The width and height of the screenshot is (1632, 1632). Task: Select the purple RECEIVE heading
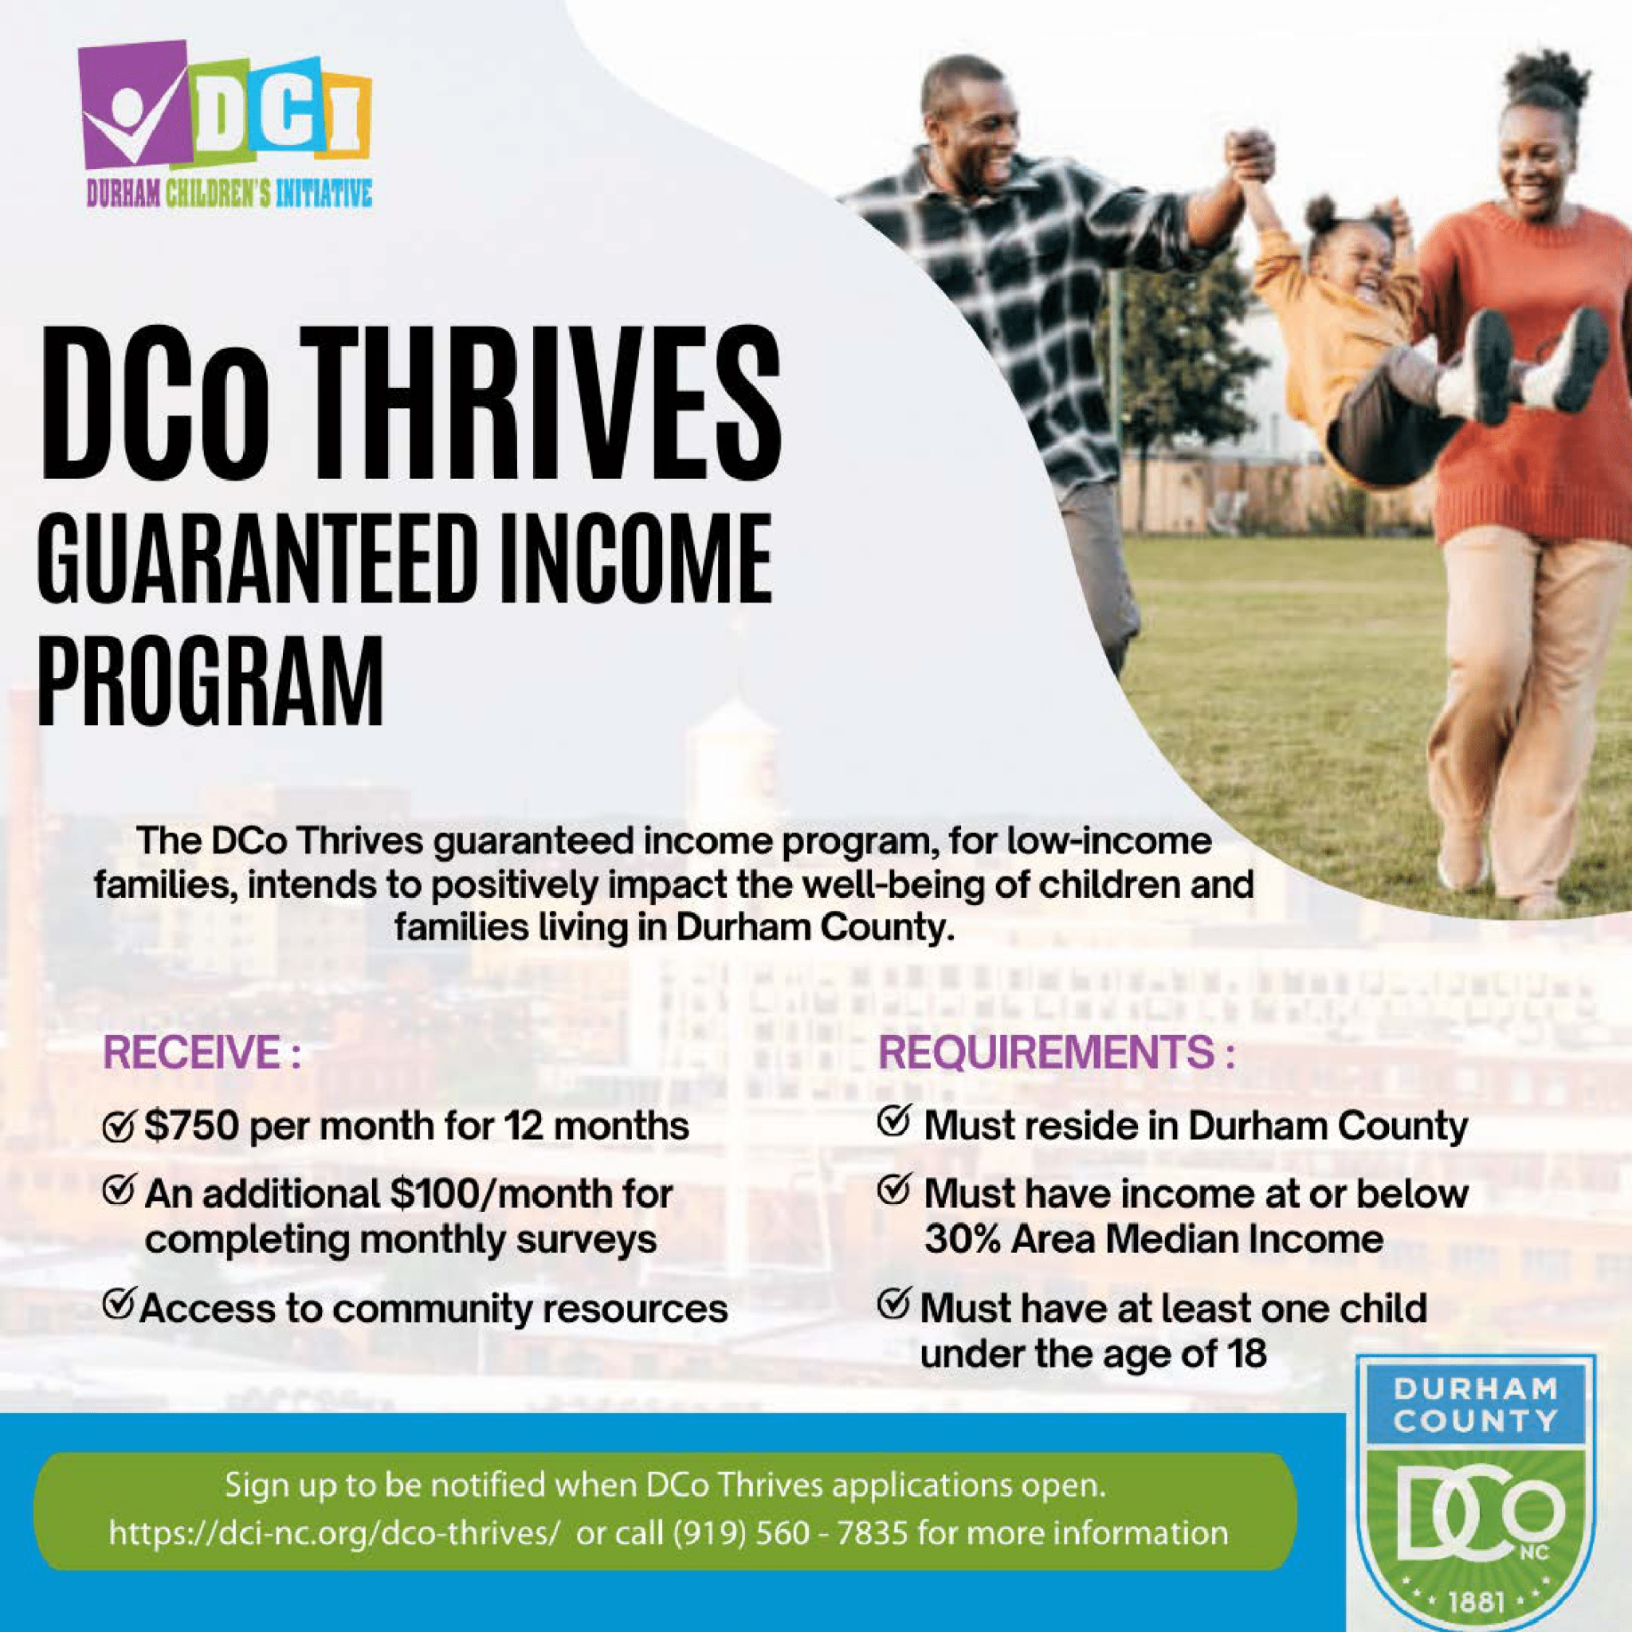pyautogui.click(x=202, y=1055)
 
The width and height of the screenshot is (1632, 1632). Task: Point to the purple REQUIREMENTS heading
pyautogui.click(x=1057, y=1054)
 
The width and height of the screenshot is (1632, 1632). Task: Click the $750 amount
pyautogui.click(x=192, y=1126)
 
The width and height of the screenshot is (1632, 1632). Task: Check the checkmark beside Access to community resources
pyautogui.click(x=118, y=1306)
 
